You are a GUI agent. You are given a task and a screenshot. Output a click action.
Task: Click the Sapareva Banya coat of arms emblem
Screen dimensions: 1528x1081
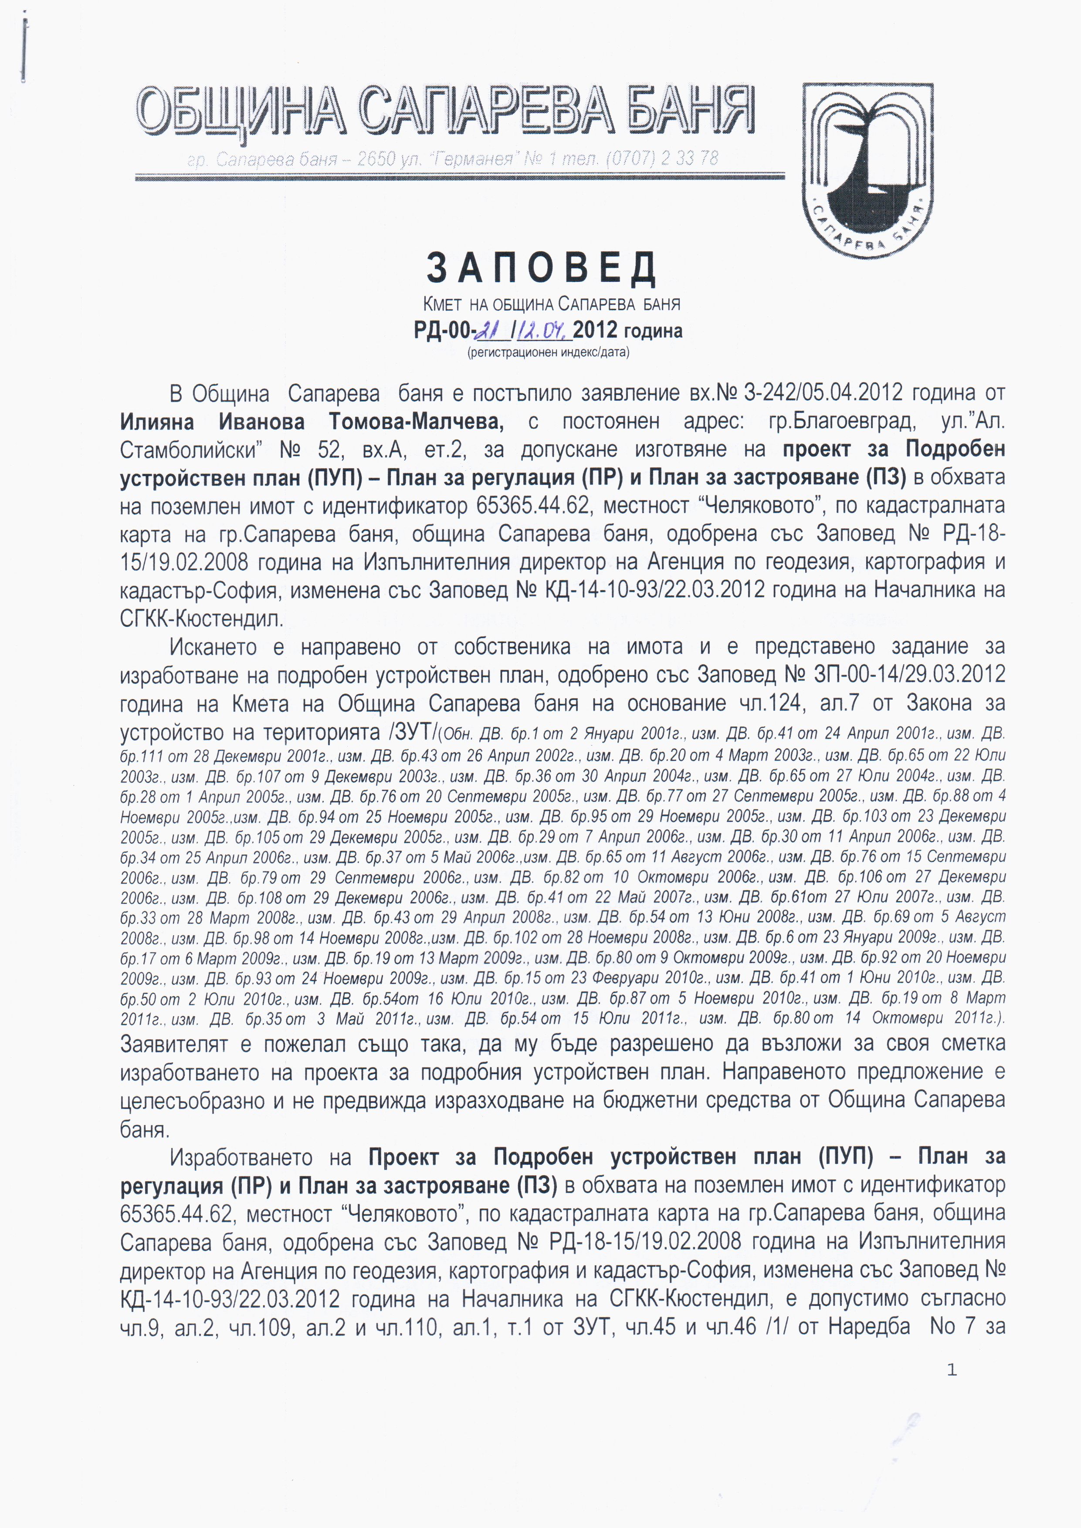coord(867,170)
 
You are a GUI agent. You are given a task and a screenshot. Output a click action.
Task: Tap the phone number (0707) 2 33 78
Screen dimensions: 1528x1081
coord(662,159)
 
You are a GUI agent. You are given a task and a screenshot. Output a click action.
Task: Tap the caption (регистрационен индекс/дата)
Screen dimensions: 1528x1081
coord(549,352)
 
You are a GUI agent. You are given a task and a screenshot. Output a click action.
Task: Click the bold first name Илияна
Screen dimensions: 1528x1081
coord(157,422)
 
